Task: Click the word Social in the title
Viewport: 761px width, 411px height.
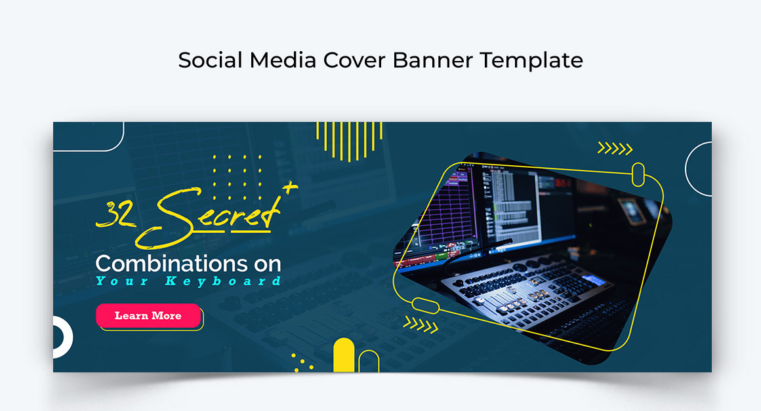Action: tap(210, 60)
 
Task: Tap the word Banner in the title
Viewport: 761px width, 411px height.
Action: tap(432, 60)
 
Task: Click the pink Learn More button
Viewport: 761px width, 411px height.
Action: tap(148, 315)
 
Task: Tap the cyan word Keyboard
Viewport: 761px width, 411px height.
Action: tap(223, 281)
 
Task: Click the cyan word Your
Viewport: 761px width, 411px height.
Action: tap(122, 281)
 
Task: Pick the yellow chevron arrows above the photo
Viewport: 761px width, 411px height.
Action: tap(615, 148)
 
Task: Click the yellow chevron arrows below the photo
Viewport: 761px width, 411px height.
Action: tap(421, 324)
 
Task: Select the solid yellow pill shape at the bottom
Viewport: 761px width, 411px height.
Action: tap(344, 355)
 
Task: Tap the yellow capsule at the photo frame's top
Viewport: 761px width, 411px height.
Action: tap(638, 174)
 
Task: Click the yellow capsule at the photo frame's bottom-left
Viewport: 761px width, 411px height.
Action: tap(426, 306)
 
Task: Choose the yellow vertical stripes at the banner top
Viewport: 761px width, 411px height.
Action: tap(350, 141)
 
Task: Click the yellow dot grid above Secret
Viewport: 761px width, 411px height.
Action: tap(237, 178)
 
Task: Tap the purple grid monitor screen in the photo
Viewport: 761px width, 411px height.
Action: tap(445, 209)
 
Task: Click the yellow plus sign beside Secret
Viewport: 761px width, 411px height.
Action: tap(290, 187)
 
